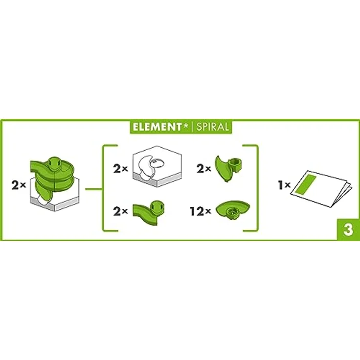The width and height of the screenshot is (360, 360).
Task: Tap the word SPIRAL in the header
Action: click(x=211, y=127)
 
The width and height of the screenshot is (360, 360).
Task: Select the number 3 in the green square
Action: click(x=348, y=231)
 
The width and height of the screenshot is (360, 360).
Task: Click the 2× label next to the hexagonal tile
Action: click(x=120, y=169)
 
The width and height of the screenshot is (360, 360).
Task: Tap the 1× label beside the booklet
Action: click(x=284, y=186)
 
